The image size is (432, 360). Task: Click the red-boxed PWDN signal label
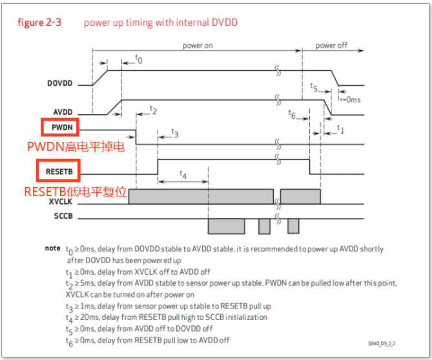coord(60,128)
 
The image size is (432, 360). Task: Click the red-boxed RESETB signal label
coord(59,172)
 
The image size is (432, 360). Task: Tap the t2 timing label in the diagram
coord(153,110)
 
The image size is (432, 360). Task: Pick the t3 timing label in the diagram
coord(174,134)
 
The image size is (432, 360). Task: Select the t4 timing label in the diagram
coord(183,175)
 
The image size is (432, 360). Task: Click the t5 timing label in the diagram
coord(314,86)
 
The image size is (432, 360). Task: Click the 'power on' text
coord(197,46)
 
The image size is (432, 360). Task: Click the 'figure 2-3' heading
coord(39,23)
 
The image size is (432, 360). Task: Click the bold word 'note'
coord(53,248)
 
